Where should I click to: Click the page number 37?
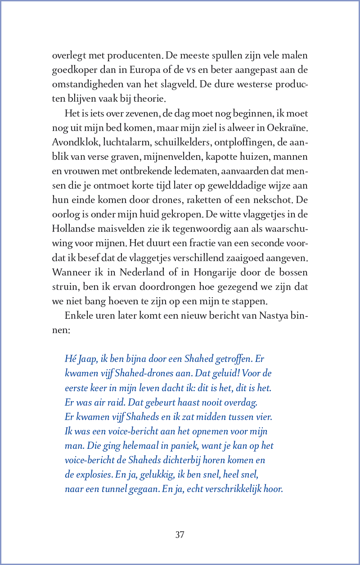(180, 535)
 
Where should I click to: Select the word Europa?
(144, 70)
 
